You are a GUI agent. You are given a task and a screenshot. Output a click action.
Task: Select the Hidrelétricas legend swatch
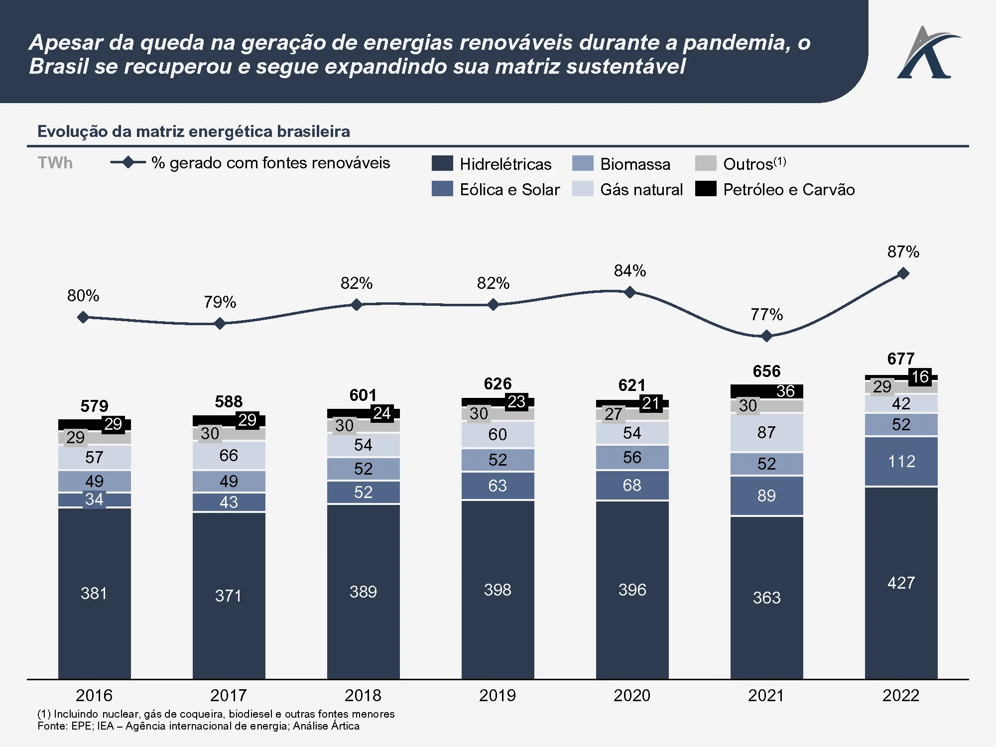tap(442, 163)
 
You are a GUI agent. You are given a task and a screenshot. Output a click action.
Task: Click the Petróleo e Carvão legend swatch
tap(705, 189)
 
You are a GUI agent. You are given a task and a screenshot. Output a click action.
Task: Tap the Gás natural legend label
tap(641, 190)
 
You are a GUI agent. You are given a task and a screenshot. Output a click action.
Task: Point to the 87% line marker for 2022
tap(903, 273)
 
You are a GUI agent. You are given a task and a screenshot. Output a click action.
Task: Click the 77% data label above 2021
tap(766, 315)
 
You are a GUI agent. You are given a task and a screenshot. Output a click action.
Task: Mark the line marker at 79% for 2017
tap(220, 324)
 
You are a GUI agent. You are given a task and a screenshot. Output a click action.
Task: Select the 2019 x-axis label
tap(497, 695)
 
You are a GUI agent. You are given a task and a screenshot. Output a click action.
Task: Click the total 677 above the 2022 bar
tap(901, 359)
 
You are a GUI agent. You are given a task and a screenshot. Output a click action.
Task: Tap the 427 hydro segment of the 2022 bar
tap(901, 583)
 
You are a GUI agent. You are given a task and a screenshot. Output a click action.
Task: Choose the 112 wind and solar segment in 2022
tap(901, 462)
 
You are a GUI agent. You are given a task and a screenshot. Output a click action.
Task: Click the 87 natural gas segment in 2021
tap(766, 432)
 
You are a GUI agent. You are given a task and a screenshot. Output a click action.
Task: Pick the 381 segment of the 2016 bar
tap(94, 593)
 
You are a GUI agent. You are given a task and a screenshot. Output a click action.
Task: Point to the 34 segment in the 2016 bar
tap(94, 499)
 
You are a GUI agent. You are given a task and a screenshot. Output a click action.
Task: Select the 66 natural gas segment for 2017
tap(229, 455)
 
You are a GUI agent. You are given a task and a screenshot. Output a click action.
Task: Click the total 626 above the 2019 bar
tap(498, 383)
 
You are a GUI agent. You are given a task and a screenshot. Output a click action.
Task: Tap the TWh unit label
tap(55, 163)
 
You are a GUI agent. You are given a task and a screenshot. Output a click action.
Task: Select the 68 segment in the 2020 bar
tap(632, 485)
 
